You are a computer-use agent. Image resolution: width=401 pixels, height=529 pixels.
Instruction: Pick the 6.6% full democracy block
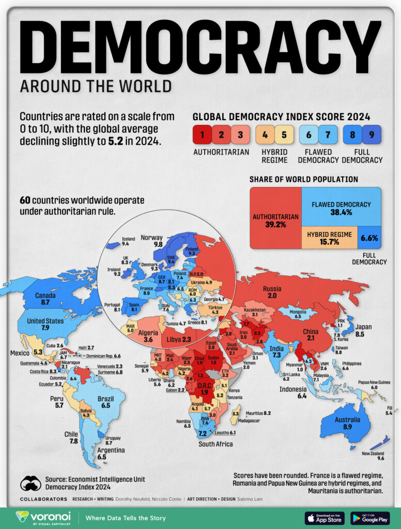pos(369,238)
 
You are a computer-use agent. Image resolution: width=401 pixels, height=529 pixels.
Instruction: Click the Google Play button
pos(369,518)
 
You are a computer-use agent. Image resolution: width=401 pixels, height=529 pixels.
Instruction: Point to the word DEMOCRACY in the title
pos(200,46)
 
